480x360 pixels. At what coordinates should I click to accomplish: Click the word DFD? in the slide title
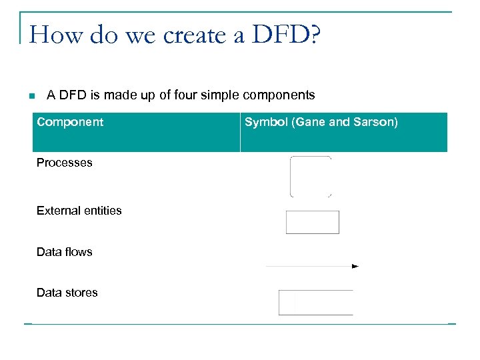285,35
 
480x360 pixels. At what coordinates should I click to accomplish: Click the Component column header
70,122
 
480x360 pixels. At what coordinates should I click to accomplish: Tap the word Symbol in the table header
264,122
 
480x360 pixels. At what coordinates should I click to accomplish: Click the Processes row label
65,163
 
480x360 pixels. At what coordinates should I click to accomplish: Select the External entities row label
79,211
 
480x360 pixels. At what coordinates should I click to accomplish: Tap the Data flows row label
65,252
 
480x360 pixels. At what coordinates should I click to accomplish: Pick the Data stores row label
67,293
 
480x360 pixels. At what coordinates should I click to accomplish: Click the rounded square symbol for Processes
311,177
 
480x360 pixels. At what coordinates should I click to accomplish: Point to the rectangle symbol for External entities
312,222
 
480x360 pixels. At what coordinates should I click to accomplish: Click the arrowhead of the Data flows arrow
355,266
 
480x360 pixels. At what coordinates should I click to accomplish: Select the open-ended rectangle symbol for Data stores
315,302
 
